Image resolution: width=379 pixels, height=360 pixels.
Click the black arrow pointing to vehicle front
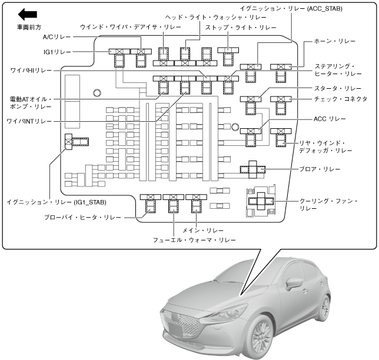coord(28,14)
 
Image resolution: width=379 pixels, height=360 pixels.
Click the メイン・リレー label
coord(194,229)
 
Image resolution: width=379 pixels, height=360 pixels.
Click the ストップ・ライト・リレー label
coord(241,28)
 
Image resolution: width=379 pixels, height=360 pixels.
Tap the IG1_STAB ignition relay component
coord(75,141)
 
